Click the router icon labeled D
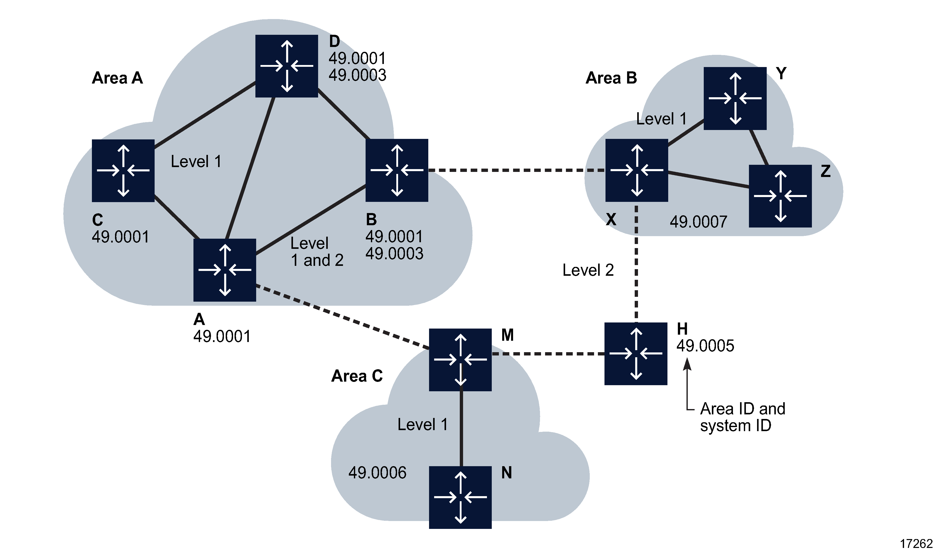click(x=286, y=66)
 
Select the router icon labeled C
click(x=123, y=171)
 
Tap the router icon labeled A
click(x=225, y=270)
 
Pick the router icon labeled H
click(x=636, y=353)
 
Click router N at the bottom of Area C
click(x=460, y=497)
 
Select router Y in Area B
click(x=735, y=99)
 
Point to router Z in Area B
click(x=780, y=196)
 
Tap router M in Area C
click(x=460, y=360)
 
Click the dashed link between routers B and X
click(x=517, y=170)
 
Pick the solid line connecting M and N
click(x=461, y=428)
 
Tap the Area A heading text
click(x=118, y=78)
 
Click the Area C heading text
click(x=357, y=376)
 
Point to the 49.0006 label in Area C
click(x=378, y=473)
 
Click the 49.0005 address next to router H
click(x=705, y=346)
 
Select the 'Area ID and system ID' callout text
click(x=742, y=417)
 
